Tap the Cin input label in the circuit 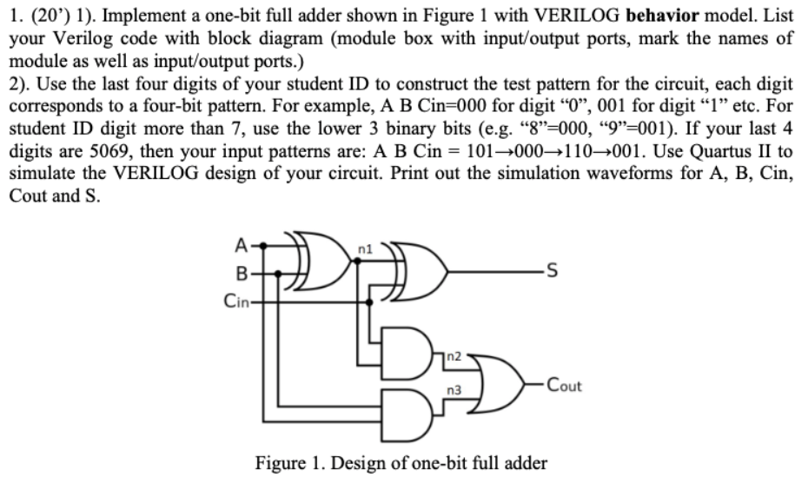tap(236, 301)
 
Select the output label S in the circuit tap(552, 270)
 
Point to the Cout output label tap(564, 385)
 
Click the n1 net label tap(366, 249)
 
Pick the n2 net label tap(454, 356)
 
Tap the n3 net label tap(454, 390)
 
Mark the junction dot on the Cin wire tap(369, 302)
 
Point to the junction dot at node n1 tap(356, 262)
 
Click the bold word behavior tap(662, 16)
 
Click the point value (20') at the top tap(51, 16)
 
